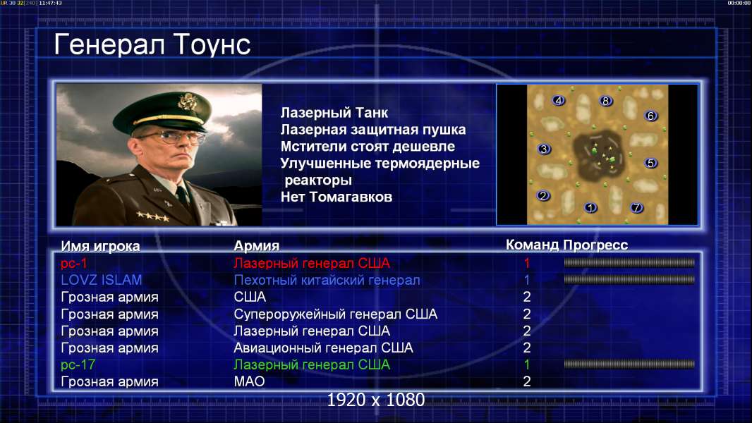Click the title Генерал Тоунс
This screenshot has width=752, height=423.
pyautogui.click(x=152, y=44)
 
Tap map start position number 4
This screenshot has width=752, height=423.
pyautogui.click(x=558, y=101)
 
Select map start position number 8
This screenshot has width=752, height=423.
pyautogui.click(x=606, y=101)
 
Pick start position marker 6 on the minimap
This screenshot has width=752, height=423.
pyautogui.click(x=651, y=116)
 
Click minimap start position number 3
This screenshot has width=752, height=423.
pyautogui.click(x=544, y=149)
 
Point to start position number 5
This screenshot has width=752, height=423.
pyautogui.click(x=651, y=163)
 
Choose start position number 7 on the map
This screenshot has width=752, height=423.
pyautogui.click(x=636, y=208)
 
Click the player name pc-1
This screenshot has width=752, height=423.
pyautogui.click(x=74, y=264)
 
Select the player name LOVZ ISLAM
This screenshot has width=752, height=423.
pyautogui.click(x=101, y=280)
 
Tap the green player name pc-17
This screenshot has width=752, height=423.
pyautogui.click(x=78, y=364)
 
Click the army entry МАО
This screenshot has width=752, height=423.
pyautogui.click(x=249, y=381)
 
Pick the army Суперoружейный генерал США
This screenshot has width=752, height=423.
pyautogui.click(x=335, y=314)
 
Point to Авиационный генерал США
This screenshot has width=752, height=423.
pyautogui.click(x=323, y=348)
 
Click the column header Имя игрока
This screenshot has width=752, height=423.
pyautogui.click(x=100, y=246)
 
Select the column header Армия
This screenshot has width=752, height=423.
pyautogui.click(x=256, y=246)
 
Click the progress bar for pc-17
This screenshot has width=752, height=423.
pyautogui.click(x=629, y=364)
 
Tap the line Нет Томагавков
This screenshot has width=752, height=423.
pyautogui.click(x=336, y=197)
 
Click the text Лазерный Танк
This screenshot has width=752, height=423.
pyautogui.click(x=334, y=113)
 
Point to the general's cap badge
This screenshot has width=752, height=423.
pyautogui.click(x=186, y=102)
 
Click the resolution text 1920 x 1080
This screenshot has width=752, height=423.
pyautogui.click(x=376, y=400)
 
